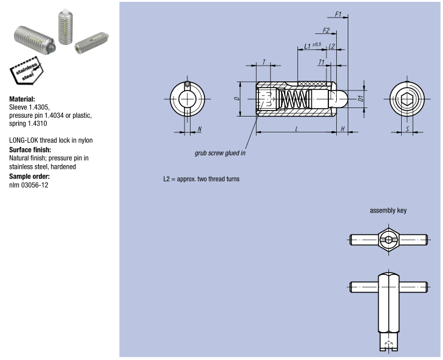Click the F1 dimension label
click(338, 13)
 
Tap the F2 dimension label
click(326, 30)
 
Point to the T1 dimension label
click(321, 62)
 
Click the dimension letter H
click(342, 129)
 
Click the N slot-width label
click(200, 129)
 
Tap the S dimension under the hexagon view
click(407, 129)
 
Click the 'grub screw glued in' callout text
click(220, 153)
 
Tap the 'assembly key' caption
click(388, 211)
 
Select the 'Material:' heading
click(22, 98)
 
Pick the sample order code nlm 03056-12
click(29, 185)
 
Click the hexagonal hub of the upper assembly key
click(388, 240)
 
